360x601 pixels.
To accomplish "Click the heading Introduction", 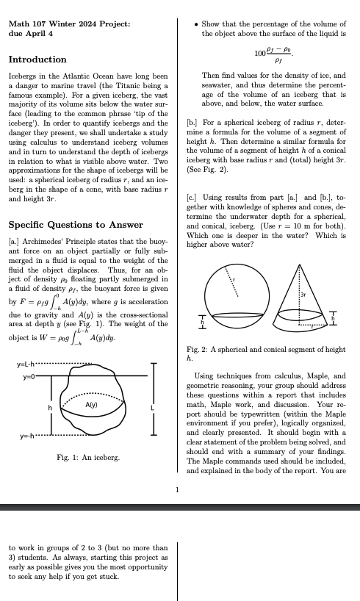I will [x=37, y=60].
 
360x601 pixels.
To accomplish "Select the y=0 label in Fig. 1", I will [x=29, y=376].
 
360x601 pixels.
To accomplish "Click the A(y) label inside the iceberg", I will [x=92, y=405].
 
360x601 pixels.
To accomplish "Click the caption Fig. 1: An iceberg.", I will [x=88, y=458].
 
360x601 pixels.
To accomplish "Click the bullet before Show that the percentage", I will [x=195, y=24].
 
